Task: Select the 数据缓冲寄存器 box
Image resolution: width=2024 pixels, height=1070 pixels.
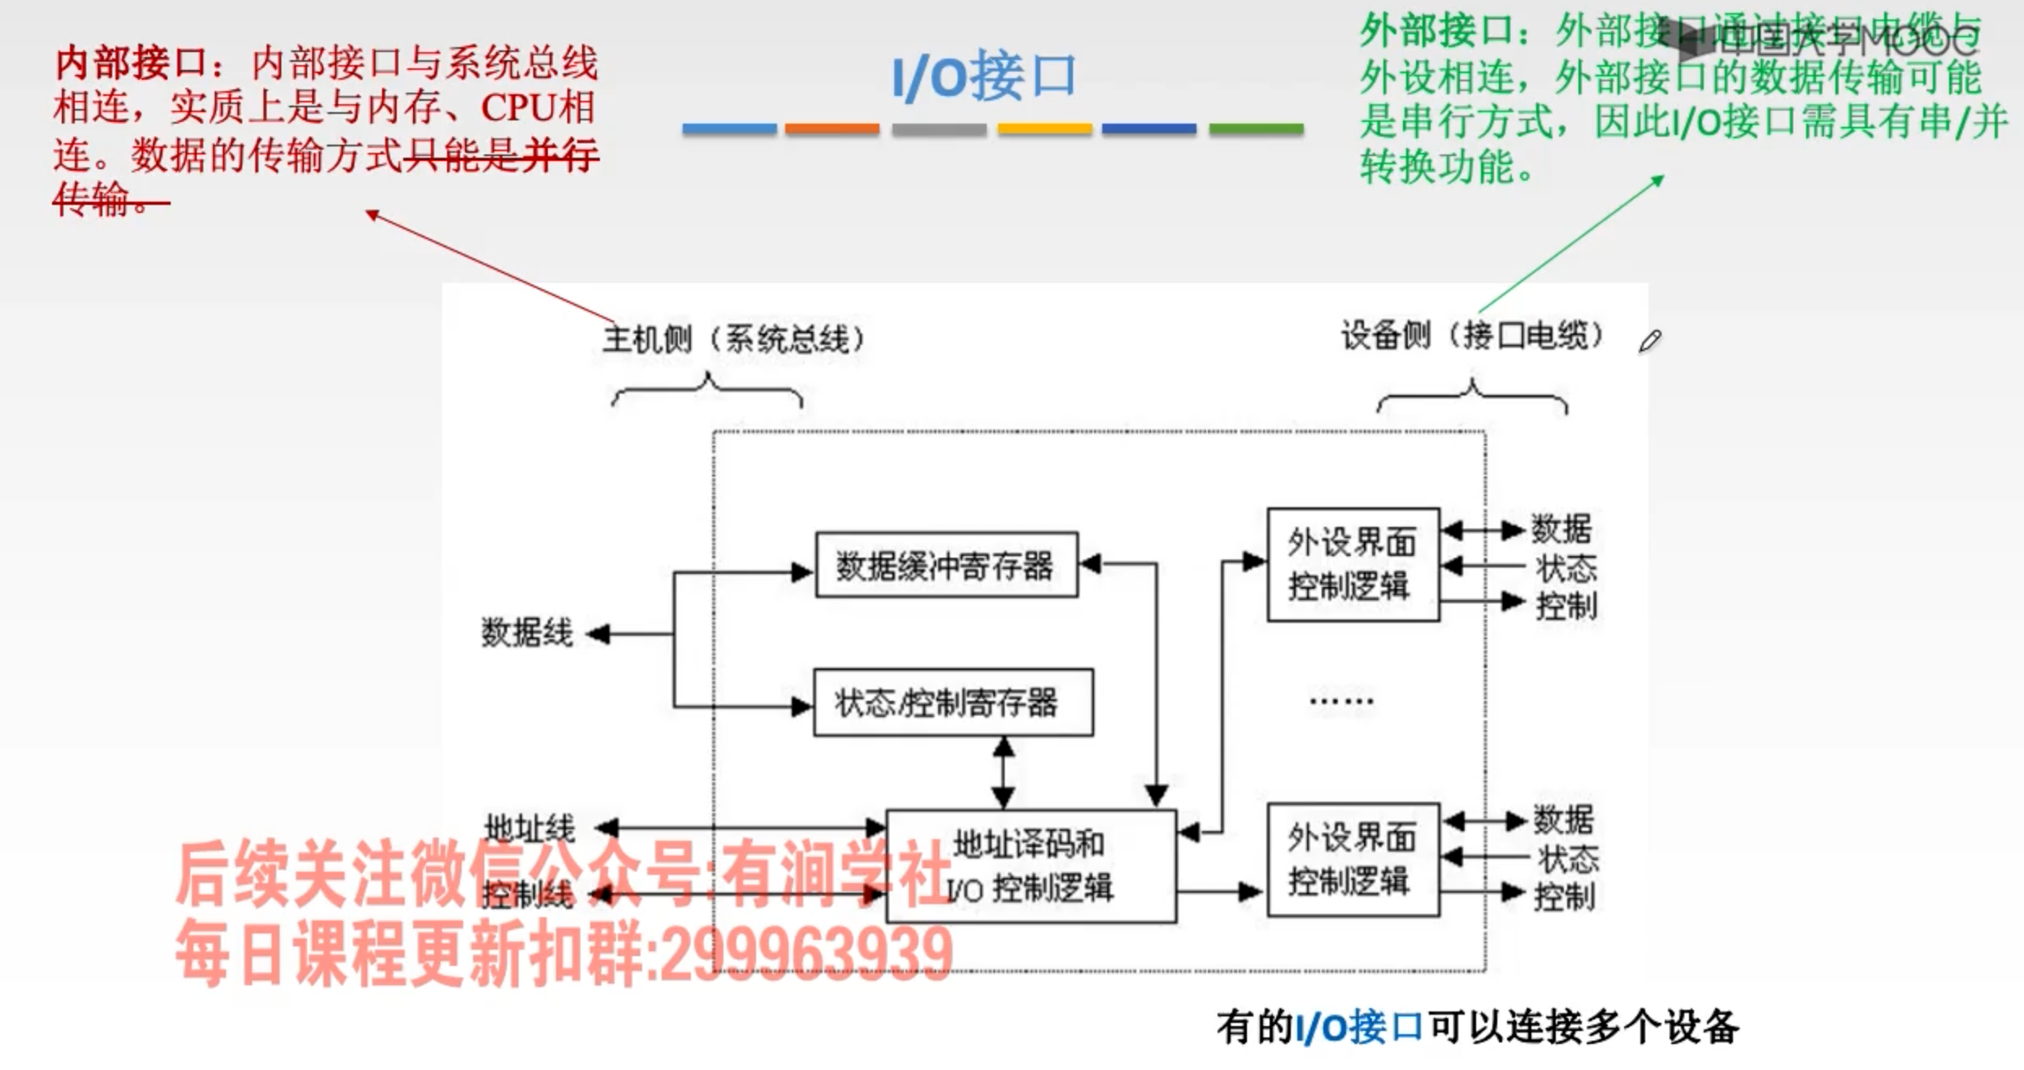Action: click(x=946, y=565)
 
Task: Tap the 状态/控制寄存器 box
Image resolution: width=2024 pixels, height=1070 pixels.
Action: click(x=953, y=702)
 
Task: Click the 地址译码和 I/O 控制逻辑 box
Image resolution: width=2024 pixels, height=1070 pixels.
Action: click(x=1030, y=866)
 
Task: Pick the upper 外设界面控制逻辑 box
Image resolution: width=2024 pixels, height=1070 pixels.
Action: click(x=1353, y=564)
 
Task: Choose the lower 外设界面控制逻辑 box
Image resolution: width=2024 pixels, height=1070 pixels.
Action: click(x=1353, y=859)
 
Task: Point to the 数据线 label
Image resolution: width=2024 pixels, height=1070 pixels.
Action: click(x=527, y=633)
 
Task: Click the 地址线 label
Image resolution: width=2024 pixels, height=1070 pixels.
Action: click(x=529, y=828)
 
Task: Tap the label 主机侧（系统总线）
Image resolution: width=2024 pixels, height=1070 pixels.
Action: click(x=733, y=339)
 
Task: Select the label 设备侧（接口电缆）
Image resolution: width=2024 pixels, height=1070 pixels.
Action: click(x=1472, y=335)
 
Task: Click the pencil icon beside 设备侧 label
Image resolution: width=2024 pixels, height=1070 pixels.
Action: click(x=1650, y=341)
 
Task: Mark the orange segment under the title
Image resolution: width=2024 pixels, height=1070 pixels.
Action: click(x=832, y=128)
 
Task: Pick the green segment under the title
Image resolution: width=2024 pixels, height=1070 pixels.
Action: click(x=1256, y=128)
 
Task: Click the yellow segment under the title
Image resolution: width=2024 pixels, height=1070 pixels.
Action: click(x=1045, y=128)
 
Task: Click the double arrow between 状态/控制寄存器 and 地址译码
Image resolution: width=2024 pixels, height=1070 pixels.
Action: click(x=1004, y=772)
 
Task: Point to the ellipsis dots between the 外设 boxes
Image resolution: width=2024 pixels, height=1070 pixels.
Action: click(x=1341, y=701)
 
